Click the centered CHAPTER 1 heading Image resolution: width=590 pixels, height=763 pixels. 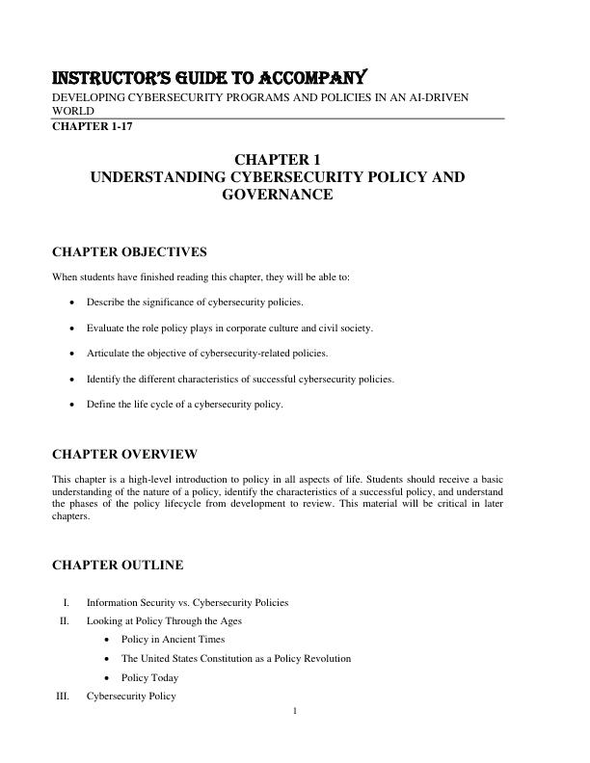click(278, 160)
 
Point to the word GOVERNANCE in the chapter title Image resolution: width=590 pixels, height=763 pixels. click(278, 195)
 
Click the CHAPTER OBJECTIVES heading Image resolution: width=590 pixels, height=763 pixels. click(129, 252)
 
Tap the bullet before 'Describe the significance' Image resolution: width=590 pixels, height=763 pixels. click(73, 303)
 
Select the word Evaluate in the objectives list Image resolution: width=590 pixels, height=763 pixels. click(105, 329)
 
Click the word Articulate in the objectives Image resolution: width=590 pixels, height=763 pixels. click(107, 354)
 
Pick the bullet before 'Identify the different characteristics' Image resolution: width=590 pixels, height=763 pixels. click(73, 380)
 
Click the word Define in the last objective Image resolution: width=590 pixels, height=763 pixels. click(100, 405)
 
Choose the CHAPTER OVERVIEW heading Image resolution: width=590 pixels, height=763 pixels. click(124, 454)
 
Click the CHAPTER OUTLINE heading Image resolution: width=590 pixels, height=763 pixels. click(118, 565)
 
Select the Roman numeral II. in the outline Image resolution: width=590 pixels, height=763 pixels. click(65, 621)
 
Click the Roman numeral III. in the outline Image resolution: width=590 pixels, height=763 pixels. click(63, 696)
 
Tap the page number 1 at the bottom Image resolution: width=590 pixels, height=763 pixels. click(295, 712)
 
